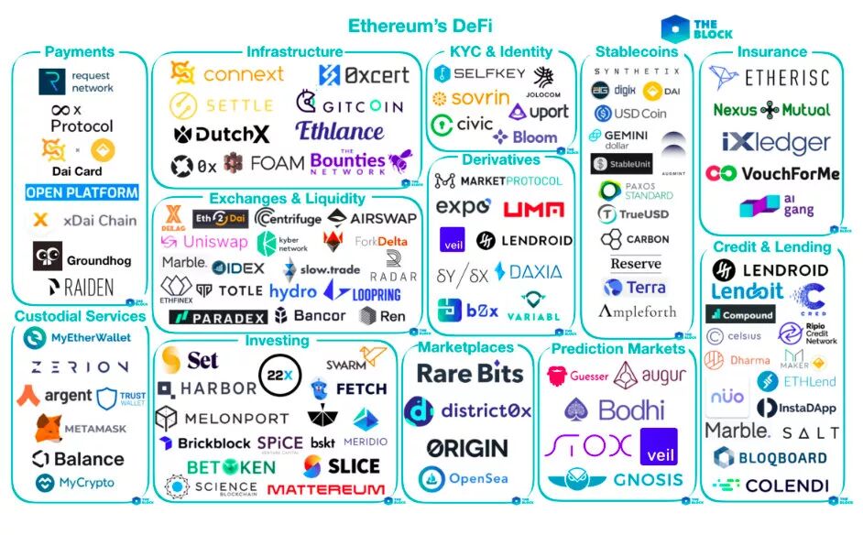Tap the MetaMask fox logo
coord(49,428)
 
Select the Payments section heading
coord(80,52)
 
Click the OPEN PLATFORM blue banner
coord(82,193)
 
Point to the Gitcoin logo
coord(350,104)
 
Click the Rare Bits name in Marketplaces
coord(470,373)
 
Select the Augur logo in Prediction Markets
coord(649,375)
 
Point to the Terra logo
coord(634,287)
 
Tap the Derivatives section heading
coord(500,159)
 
